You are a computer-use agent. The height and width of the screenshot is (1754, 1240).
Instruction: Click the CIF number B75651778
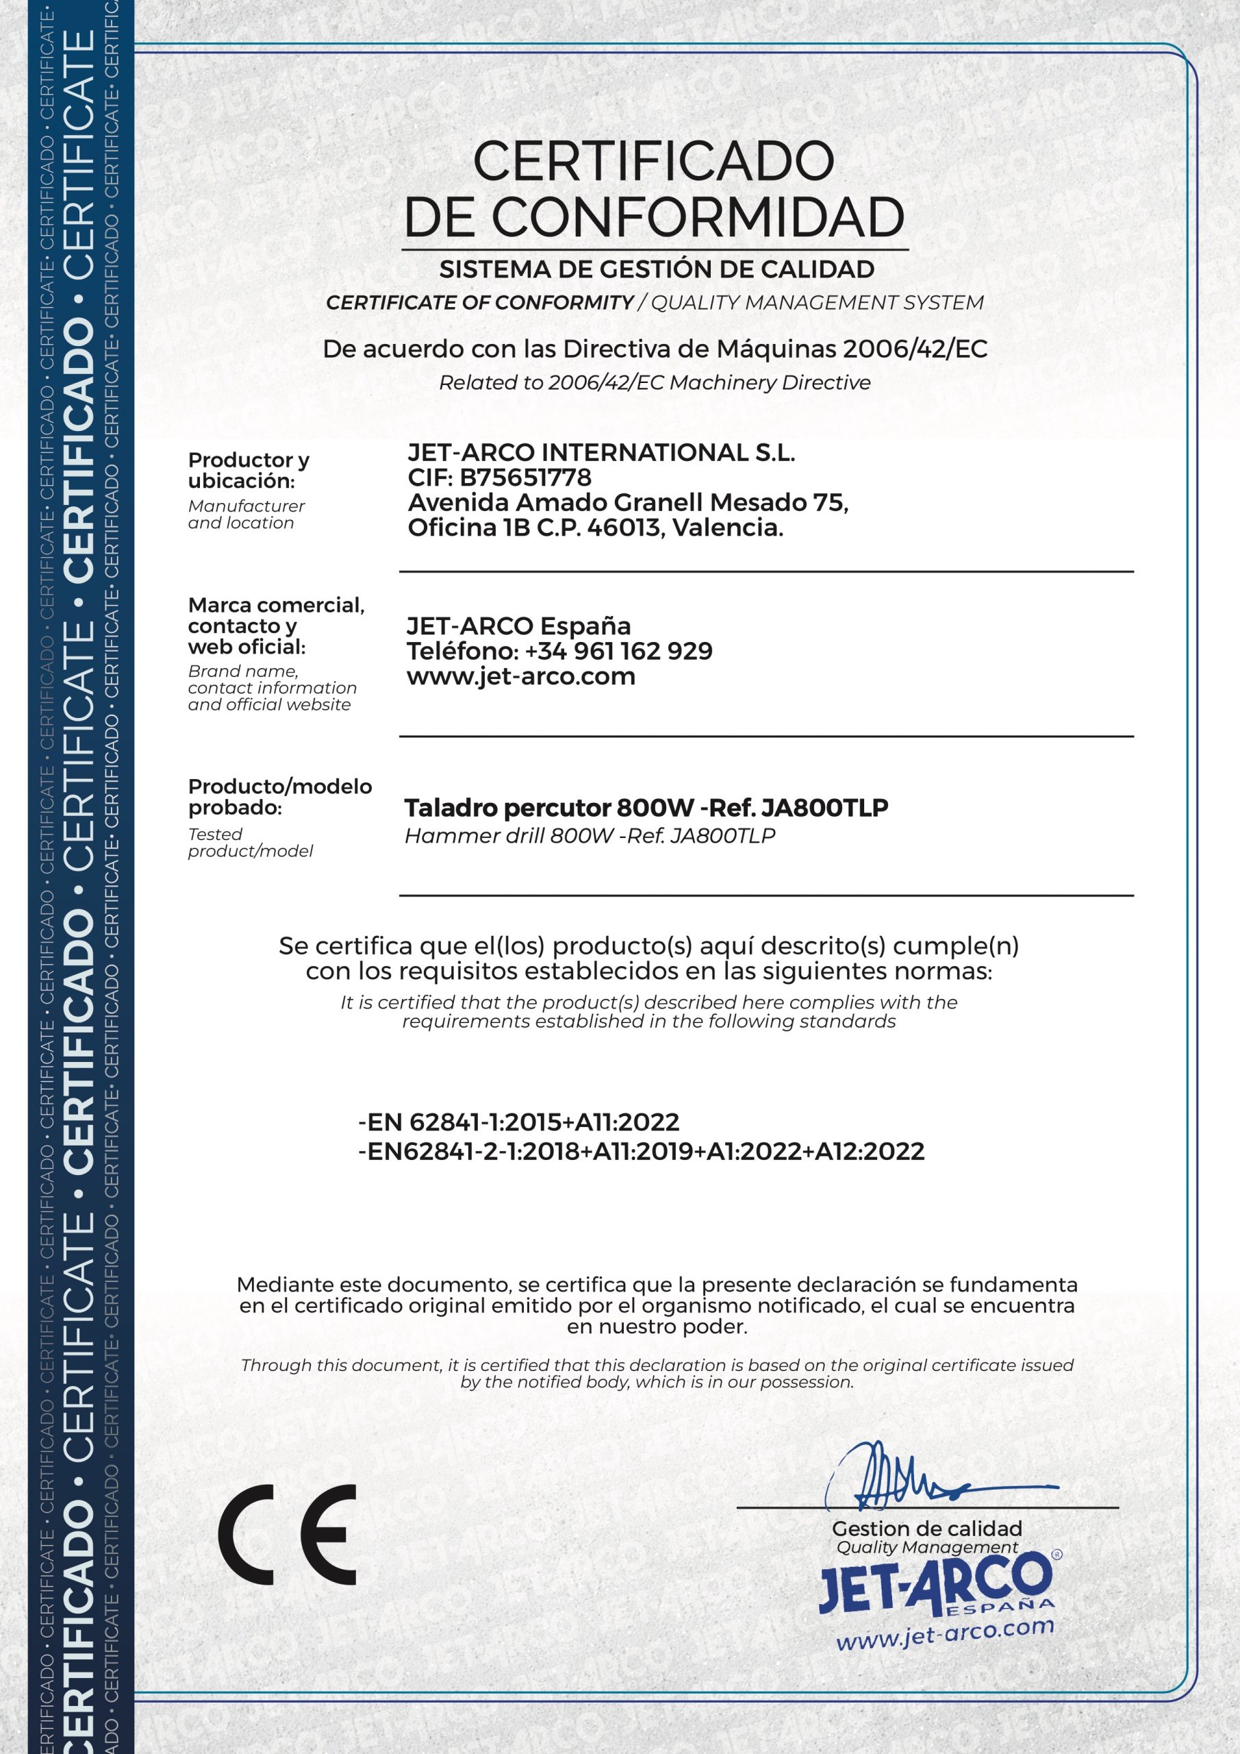point(525,478)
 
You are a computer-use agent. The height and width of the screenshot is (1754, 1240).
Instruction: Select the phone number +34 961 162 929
point(618,651)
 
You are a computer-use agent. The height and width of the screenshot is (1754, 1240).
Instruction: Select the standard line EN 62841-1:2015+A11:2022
point(519,1122)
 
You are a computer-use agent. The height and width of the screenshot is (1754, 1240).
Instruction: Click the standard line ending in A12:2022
point(642,1151)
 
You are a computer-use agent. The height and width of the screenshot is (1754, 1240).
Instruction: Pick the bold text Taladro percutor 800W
point(510,808)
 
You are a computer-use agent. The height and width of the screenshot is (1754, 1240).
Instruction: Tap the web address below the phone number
point(521,676)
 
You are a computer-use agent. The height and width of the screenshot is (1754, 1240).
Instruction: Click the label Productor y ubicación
point(248,471)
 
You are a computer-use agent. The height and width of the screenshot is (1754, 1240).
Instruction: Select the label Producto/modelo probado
point(279,797)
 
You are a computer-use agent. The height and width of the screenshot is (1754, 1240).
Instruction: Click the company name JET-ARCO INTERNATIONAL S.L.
point(601,452)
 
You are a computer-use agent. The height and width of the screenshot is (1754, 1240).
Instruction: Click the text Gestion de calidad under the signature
point(926,1529)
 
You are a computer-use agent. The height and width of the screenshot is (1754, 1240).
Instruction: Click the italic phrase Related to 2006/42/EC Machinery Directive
point(655,383)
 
